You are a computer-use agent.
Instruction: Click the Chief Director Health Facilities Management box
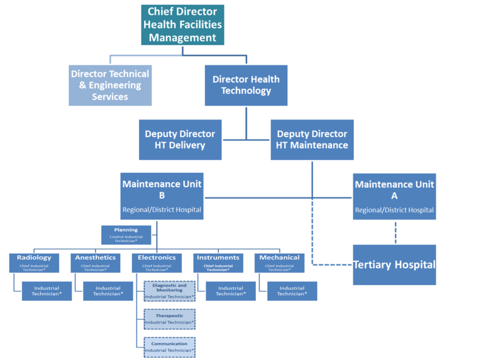(x=182, y=25)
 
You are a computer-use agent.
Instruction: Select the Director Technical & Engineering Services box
(x=110, y=85)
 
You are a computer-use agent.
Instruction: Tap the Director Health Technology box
(x=246, y=85)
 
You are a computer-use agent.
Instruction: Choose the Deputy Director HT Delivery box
(x=180, y=139)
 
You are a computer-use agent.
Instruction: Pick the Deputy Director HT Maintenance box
(x=312, y=139)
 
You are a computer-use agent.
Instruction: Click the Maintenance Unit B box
(x=162, y=196)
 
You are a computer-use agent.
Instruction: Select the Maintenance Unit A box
(x=394, y=196)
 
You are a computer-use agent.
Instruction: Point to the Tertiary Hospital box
(x=394, y=265)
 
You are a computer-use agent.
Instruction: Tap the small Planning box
(x=126, y=234)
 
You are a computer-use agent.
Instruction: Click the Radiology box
(x=35, y=262)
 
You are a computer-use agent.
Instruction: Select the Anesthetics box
(x=96, y=262)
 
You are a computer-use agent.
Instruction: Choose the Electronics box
(x=157, y=262)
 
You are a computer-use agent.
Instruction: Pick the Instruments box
(x=218, y=262)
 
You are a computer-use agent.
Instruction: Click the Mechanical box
(x=279, y=262)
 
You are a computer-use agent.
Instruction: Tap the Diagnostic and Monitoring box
(x=170, y=292)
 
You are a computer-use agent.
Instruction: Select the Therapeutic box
(x=170, y=319)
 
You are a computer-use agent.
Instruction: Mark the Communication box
(x=170, y=347)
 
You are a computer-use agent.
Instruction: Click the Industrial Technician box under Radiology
(x=47, y=291)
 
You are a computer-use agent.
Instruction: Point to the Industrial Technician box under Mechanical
(x=291, y=291)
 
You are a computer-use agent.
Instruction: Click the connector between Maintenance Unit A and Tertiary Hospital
(x=394, y=232)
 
